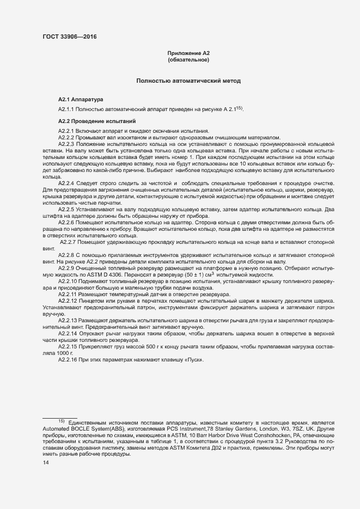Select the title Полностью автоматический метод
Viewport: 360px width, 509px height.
[188, 81]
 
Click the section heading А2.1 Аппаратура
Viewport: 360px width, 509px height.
[80, 100]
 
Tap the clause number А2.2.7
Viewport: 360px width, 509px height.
[71, 242]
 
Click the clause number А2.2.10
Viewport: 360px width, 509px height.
[70, 281]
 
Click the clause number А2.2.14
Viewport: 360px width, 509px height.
[70, 332]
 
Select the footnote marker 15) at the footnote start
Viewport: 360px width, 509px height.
[61, 421]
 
